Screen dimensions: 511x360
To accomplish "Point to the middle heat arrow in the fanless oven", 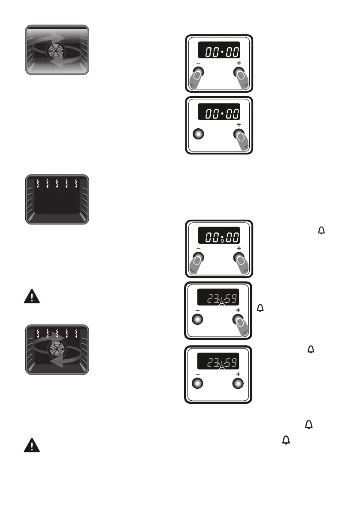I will pyautogui.click(x=57, y=184).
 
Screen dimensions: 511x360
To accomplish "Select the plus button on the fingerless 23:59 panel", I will pyautogui.click(x=238, y=383).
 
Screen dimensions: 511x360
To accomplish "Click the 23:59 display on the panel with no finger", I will pyautogui.click(x=218, y=362).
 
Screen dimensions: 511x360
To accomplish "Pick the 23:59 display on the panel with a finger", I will pyautogui.click(x=218, y=299).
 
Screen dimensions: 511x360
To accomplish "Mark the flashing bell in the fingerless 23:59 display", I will pyautogui.click(x=222, y=367).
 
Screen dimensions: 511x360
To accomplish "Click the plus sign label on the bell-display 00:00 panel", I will pyautogui.click(x=239, y=248).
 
